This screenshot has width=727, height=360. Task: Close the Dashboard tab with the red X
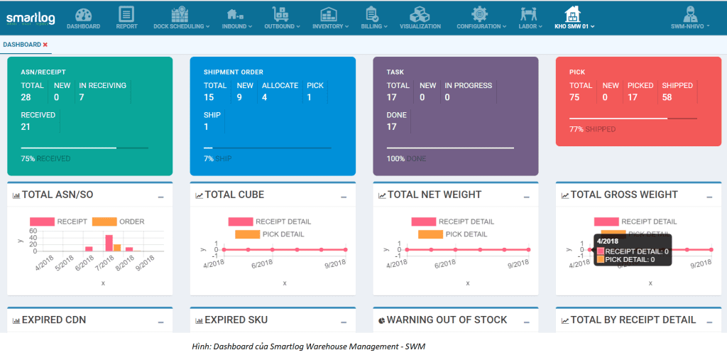[45, 45]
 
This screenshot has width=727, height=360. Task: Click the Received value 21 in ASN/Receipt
[26, 126]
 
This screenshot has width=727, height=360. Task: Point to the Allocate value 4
[264, 97]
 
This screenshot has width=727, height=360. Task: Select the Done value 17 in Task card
[392, 126]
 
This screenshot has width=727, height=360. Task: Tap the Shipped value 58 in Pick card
[667, 97]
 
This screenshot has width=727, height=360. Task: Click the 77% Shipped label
[592, 129]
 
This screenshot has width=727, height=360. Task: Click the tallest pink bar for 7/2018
[109, 243]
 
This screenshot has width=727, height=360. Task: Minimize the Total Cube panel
[344, 197]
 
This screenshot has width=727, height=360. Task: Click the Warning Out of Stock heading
[447, 320]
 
